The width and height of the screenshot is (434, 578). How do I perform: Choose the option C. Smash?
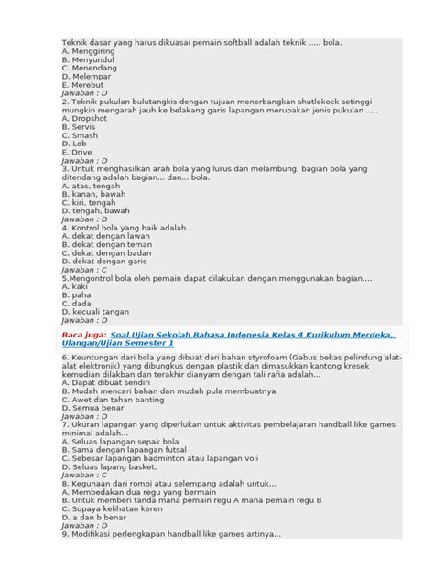tap(80, 135)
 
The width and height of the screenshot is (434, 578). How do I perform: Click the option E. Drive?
tap(79, 152)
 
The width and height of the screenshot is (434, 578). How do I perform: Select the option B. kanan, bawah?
tap(94, 194)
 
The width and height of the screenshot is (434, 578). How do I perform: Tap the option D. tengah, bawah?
tap(95, 210)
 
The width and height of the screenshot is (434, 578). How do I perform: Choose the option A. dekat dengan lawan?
tap(107, 236)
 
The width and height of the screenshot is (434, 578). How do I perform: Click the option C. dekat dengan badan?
tap(108, 253)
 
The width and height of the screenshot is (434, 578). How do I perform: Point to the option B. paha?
tap(77, 295)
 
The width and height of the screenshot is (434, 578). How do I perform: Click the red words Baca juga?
tap(81, 335)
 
